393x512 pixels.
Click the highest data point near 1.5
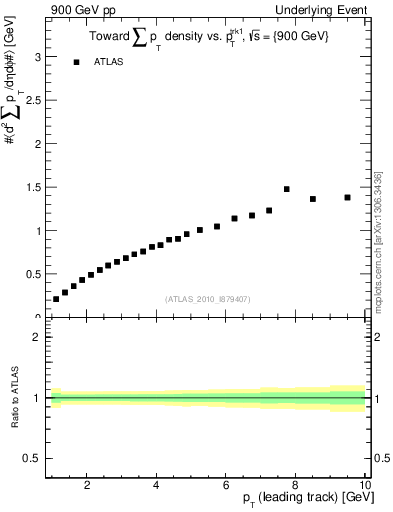(286, 188)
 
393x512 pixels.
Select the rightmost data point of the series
(347, 197)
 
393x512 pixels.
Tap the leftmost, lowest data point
(56, 298)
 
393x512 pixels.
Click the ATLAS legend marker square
(76, 62)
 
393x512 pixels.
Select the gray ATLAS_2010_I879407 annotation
(208, 298)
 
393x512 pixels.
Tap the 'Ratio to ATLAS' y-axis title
(13, 399)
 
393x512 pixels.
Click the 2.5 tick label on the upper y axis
(33, 101)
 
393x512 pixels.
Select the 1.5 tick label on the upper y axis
(33, 188)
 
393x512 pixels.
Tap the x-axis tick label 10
(365, 485)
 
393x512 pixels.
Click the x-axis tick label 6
(226, 485)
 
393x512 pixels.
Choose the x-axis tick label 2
(88, 485)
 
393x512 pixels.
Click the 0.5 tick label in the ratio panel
(33, 458)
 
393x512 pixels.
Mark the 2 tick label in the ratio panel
(38, 338)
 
